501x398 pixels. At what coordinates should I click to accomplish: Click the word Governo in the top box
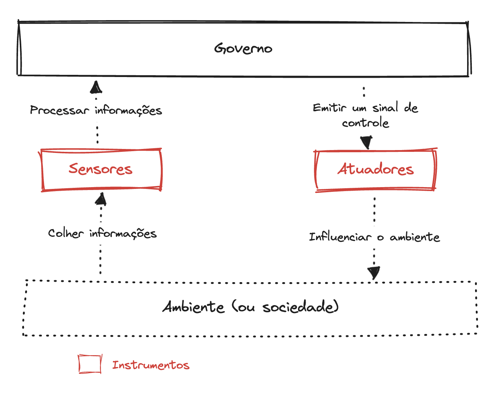[243, 49]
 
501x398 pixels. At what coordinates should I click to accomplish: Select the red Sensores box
[101, 169]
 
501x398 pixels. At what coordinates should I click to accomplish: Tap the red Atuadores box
[376, 169]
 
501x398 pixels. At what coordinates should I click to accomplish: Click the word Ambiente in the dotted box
[194, 307]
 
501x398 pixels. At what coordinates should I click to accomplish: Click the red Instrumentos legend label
[151, 365]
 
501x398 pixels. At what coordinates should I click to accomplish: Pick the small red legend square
[90, 364]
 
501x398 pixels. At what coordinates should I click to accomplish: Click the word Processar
[59, 110]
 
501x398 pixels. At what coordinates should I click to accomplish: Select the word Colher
[66, 234]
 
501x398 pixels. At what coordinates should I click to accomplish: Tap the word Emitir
[329, 108]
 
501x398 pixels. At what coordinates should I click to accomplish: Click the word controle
[365, 123]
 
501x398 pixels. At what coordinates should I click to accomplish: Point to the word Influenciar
[340, 237]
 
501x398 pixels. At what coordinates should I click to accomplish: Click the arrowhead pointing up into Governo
[96, 87]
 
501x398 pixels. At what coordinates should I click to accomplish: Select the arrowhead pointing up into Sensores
[101, 199]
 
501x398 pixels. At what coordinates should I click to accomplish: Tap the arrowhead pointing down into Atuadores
[367, 142]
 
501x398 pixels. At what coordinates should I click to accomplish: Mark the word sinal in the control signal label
[385, 108]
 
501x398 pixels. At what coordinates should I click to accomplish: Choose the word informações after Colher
[123, 234]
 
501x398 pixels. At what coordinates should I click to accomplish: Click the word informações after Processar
[128, 110]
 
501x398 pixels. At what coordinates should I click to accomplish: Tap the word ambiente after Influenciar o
[415, 237]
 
